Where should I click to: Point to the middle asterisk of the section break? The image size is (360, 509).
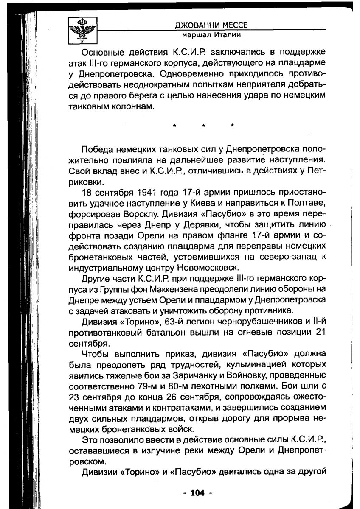click(203, 126)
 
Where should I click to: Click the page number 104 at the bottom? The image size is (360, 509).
click(197, 492)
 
